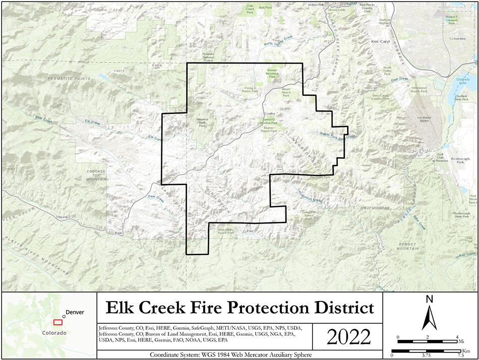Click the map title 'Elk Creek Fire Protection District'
239,307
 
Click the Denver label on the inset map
75,312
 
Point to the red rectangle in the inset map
58,322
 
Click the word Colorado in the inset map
54,333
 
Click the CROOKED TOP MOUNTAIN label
96,175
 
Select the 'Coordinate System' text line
230,354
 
